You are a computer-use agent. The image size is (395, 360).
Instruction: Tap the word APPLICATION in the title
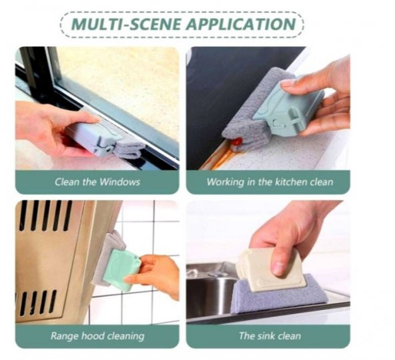click(242, 24)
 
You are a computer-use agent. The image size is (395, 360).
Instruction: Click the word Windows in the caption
click(119, 182)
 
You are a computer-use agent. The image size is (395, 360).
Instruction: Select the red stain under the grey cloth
click(238, 141)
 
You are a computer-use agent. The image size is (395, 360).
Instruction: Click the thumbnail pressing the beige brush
click(278, 269)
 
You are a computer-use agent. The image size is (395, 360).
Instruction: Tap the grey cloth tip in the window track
click(129, 150)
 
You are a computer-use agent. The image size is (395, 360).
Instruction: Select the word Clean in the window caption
click(67, 182)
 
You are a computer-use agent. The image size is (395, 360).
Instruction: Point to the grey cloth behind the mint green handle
click(107, 257)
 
